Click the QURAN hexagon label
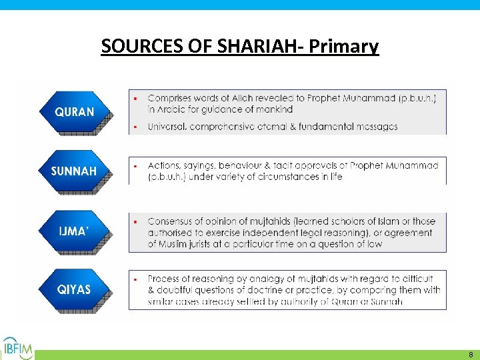74,112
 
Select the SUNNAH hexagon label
74,171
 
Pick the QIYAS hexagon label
74,290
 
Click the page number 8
470,355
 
